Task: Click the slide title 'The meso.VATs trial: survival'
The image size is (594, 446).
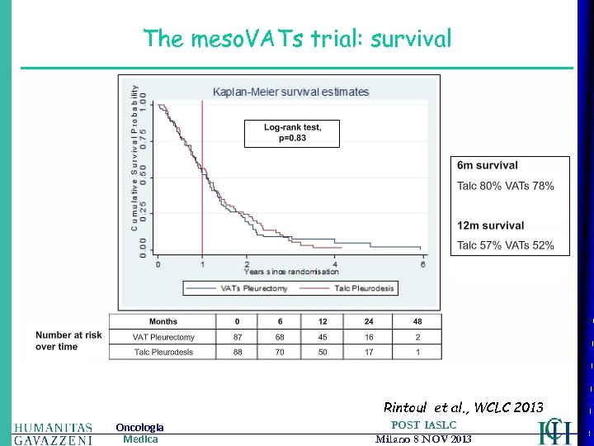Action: tap(297, 38)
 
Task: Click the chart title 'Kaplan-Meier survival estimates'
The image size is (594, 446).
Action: tap(291, 92)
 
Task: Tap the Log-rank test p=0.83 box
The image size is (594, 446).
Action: tap(292, 133)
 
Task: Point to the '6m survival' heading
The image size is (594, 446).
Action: tap(488, 166)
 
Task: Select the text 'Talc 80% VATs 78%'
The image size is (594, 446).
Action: tap(506, 186)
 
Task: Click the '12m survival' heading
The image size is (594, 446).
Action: tap(491, 225)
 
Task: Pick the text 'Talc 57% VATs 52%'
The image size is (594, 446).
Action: tap(506, 245)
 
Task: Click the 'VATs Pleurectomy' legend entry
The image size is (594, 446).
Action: tap(252, 288)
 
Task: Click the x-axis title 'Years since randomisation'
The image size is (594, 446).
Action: tap(291, 272)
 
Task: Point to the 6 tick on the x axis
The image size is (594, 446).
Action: tap(424, 263)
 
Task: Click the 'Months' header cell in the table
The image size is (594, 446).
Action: tap(163, 321)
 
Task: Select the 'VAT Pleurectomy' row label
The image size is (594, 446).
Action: tap(163, 337)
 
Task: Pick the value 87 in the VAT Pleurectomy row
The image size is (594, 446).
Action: tap(238, 337)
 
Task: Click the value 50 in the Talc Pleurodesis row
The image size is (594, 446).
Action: tap(323, 353)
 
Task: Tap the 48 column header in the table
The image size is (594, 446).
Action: tap(418, 321)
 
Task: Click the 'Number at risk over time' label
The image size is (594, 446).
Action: tap(68, 341)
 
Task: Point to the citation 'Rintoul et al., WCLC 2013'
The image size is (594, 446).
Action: tap(464, 407)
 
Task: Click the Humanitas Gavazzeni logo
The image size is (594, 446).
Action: tap(53, 433)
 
